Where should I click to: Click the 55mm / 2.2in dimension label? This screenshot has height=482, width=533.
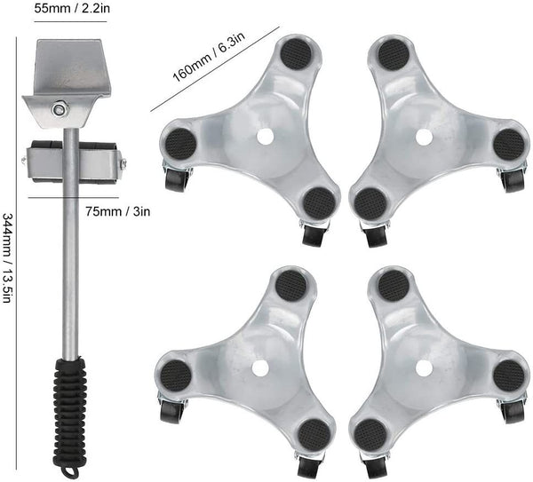pos(72,8)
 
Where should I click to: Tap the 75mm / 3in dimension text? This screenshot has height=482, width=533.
pos(117,211)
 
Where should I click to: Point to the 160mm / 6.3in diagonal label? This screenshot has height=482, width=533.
pos(209,58)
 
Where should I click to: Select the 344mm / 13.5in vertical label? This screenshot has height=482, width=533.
pos(8,257)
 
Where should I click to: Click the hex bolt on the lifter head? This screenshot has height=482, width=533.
pos(60,109)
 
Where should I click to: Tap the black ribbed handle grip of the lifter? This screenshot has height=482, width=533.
pos(69,412)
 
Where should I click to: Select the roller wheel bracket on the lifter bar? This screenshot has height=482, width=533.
pos(74,162)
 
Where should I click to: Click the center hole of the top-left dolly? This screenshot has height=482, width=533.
pos(265,137)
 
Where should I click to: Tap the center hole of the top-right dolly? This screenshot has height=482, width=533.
pos(425,137)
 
